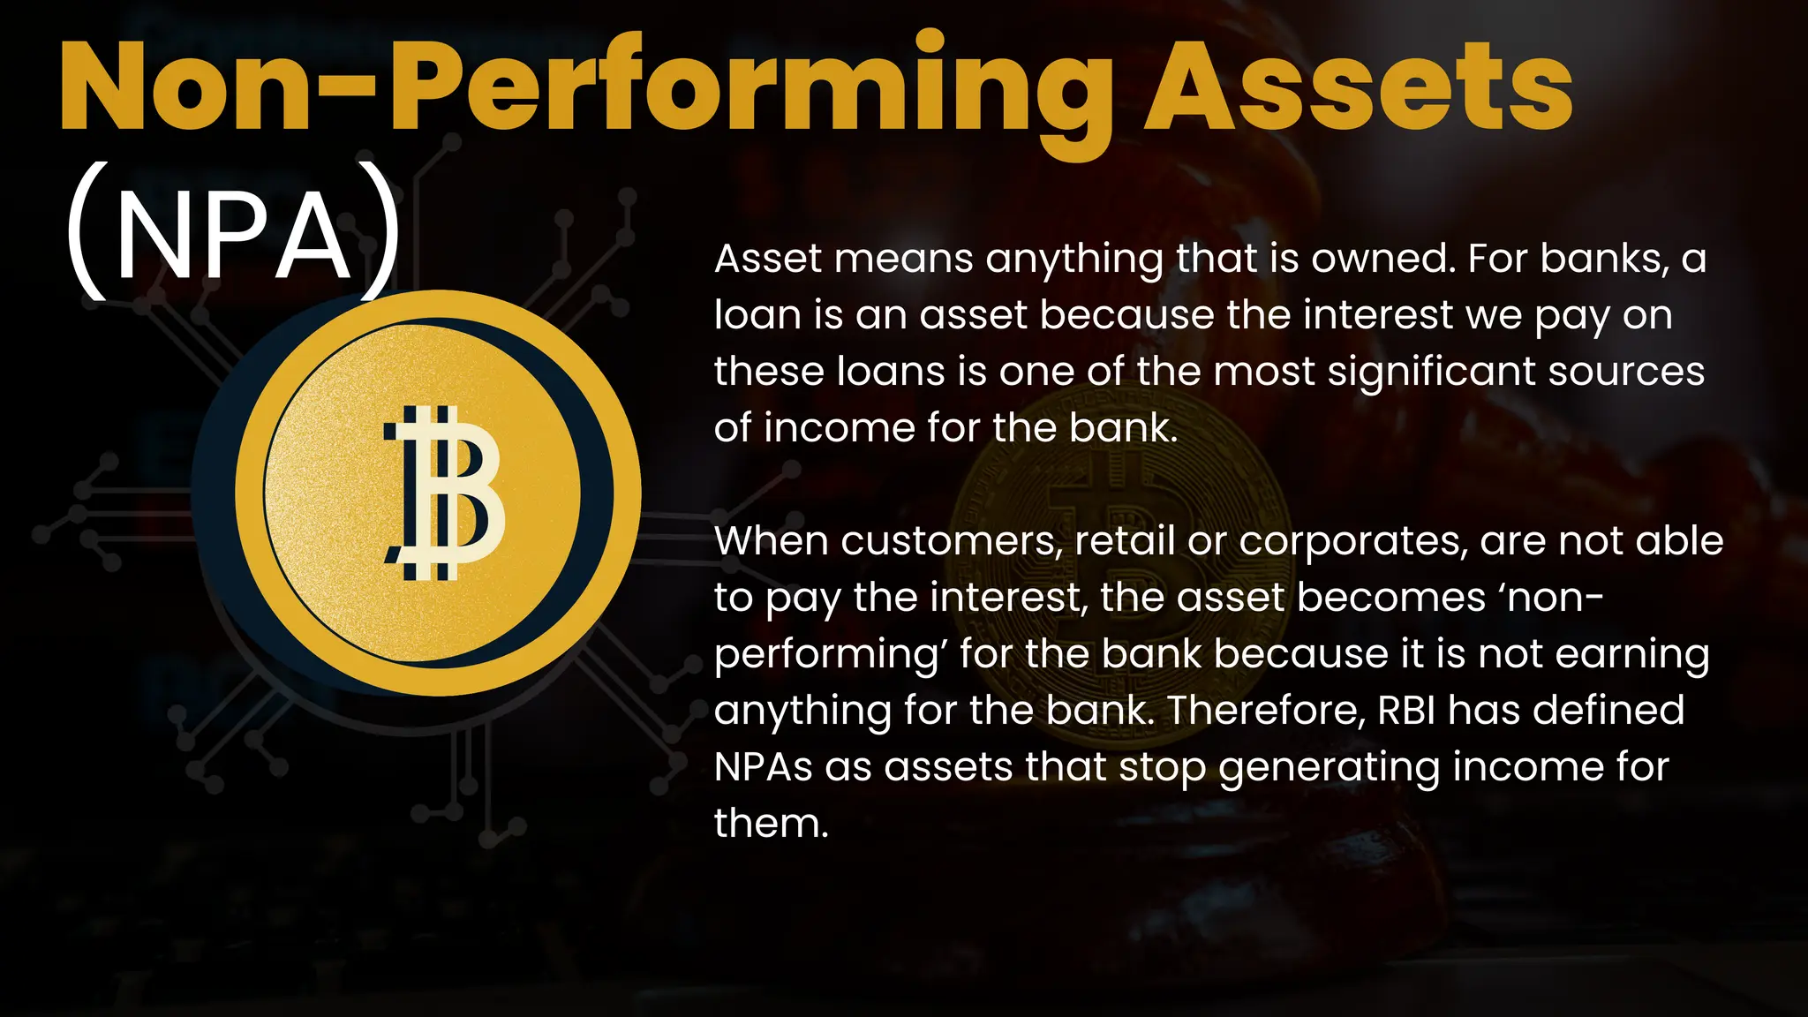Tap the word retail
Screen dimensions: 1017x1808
click(x=1125, y=541)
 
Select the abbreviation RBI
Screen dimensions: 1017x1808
click(x=1407, y=711)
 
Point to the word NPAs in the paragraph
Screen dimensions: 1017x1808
click(x=763, y=767)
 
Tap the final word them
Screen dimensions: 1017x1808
click(x=771, y=824)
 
